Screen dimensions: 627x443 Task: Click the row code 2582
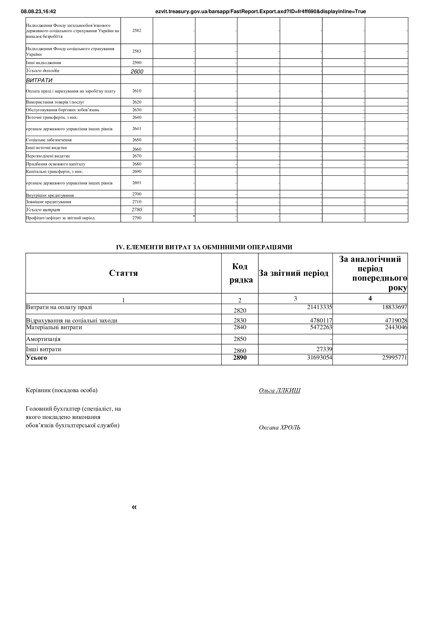[x=137, y=31]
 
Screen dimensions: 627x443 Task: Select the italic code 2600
[x=137, y=72]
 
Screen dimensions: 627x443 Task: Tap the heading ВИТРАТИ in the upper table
[x=39, y=80]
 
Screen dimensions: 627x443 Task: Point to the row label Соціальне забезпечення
[x=49, y=140]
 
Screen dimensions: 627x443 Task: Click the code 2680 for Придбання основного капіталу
[x=137, y=164]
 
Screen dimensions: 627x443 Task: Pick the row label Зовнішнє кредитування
[x=49, y=202]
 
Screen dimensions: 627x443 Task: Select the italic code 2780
[x=137, y=210]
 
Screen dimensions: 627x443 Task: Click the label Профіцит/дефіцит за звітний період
[x=60, y=218]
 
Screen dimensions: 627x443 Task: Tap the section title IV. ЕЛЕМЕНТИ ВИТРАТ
[x=204, y=247]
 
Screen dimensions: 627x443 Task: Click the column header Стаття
[x=123, y=273]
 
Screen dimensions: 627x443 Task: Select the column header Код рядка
[x=240, y=273]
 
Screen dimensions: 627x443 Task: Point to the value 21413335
[x=319, y=307]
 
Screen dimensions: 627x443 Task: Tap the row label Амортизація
[x=43, y=339]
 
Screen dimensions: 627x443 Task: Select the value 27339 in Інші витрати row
[x=324, y=349]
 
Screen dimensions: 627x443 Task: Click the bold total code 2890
[x=240, y=358]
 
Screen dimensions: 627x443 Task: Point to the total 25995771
[x=394, y=358]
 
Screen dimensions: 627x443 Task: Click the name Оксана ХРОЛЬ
[x=280, y=427]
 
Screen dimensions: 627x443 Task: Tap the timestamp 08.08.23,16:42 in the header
[x=39, y=12]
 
